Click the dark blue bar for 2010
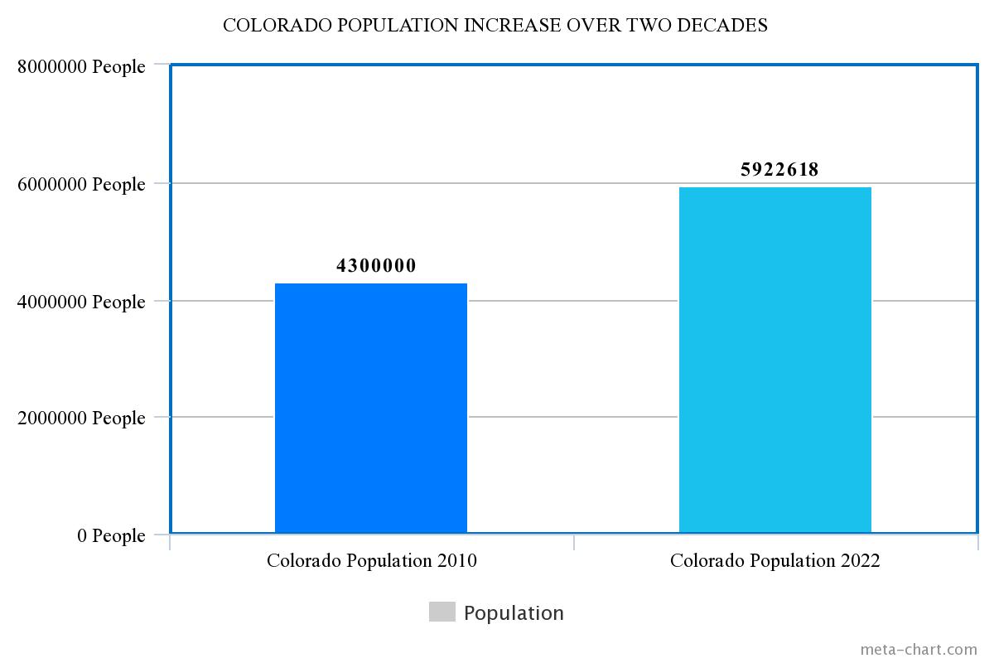(x=371, y=408)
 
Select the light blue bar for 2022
(x=775, y=360)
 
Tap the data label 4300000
(x=376, y=266)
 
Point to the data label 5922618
(x=779, y=170)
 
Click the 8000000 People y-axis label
(x=81, y=66)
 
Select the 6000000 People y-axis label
(x=81, y=184)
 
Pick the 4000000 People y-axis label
(x=81, y=302)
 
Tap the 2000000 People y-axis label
(x=81, y=418)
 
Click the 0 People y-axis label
(x=111, y=535)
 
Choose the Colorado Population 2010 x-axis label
(x=371, y=561)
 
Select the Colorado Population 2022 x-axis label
(x=775, y=561)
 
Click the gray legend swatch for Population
(x=442, y=612)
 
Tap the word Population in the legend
(x=514, y=613)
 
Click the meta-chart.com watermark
(x=919, y=650)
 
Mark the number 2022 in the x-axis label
(x=860, y=561)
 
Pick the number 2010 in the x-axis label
(x=456, y=561)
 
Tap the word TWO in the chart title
(x=649, y=26)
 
